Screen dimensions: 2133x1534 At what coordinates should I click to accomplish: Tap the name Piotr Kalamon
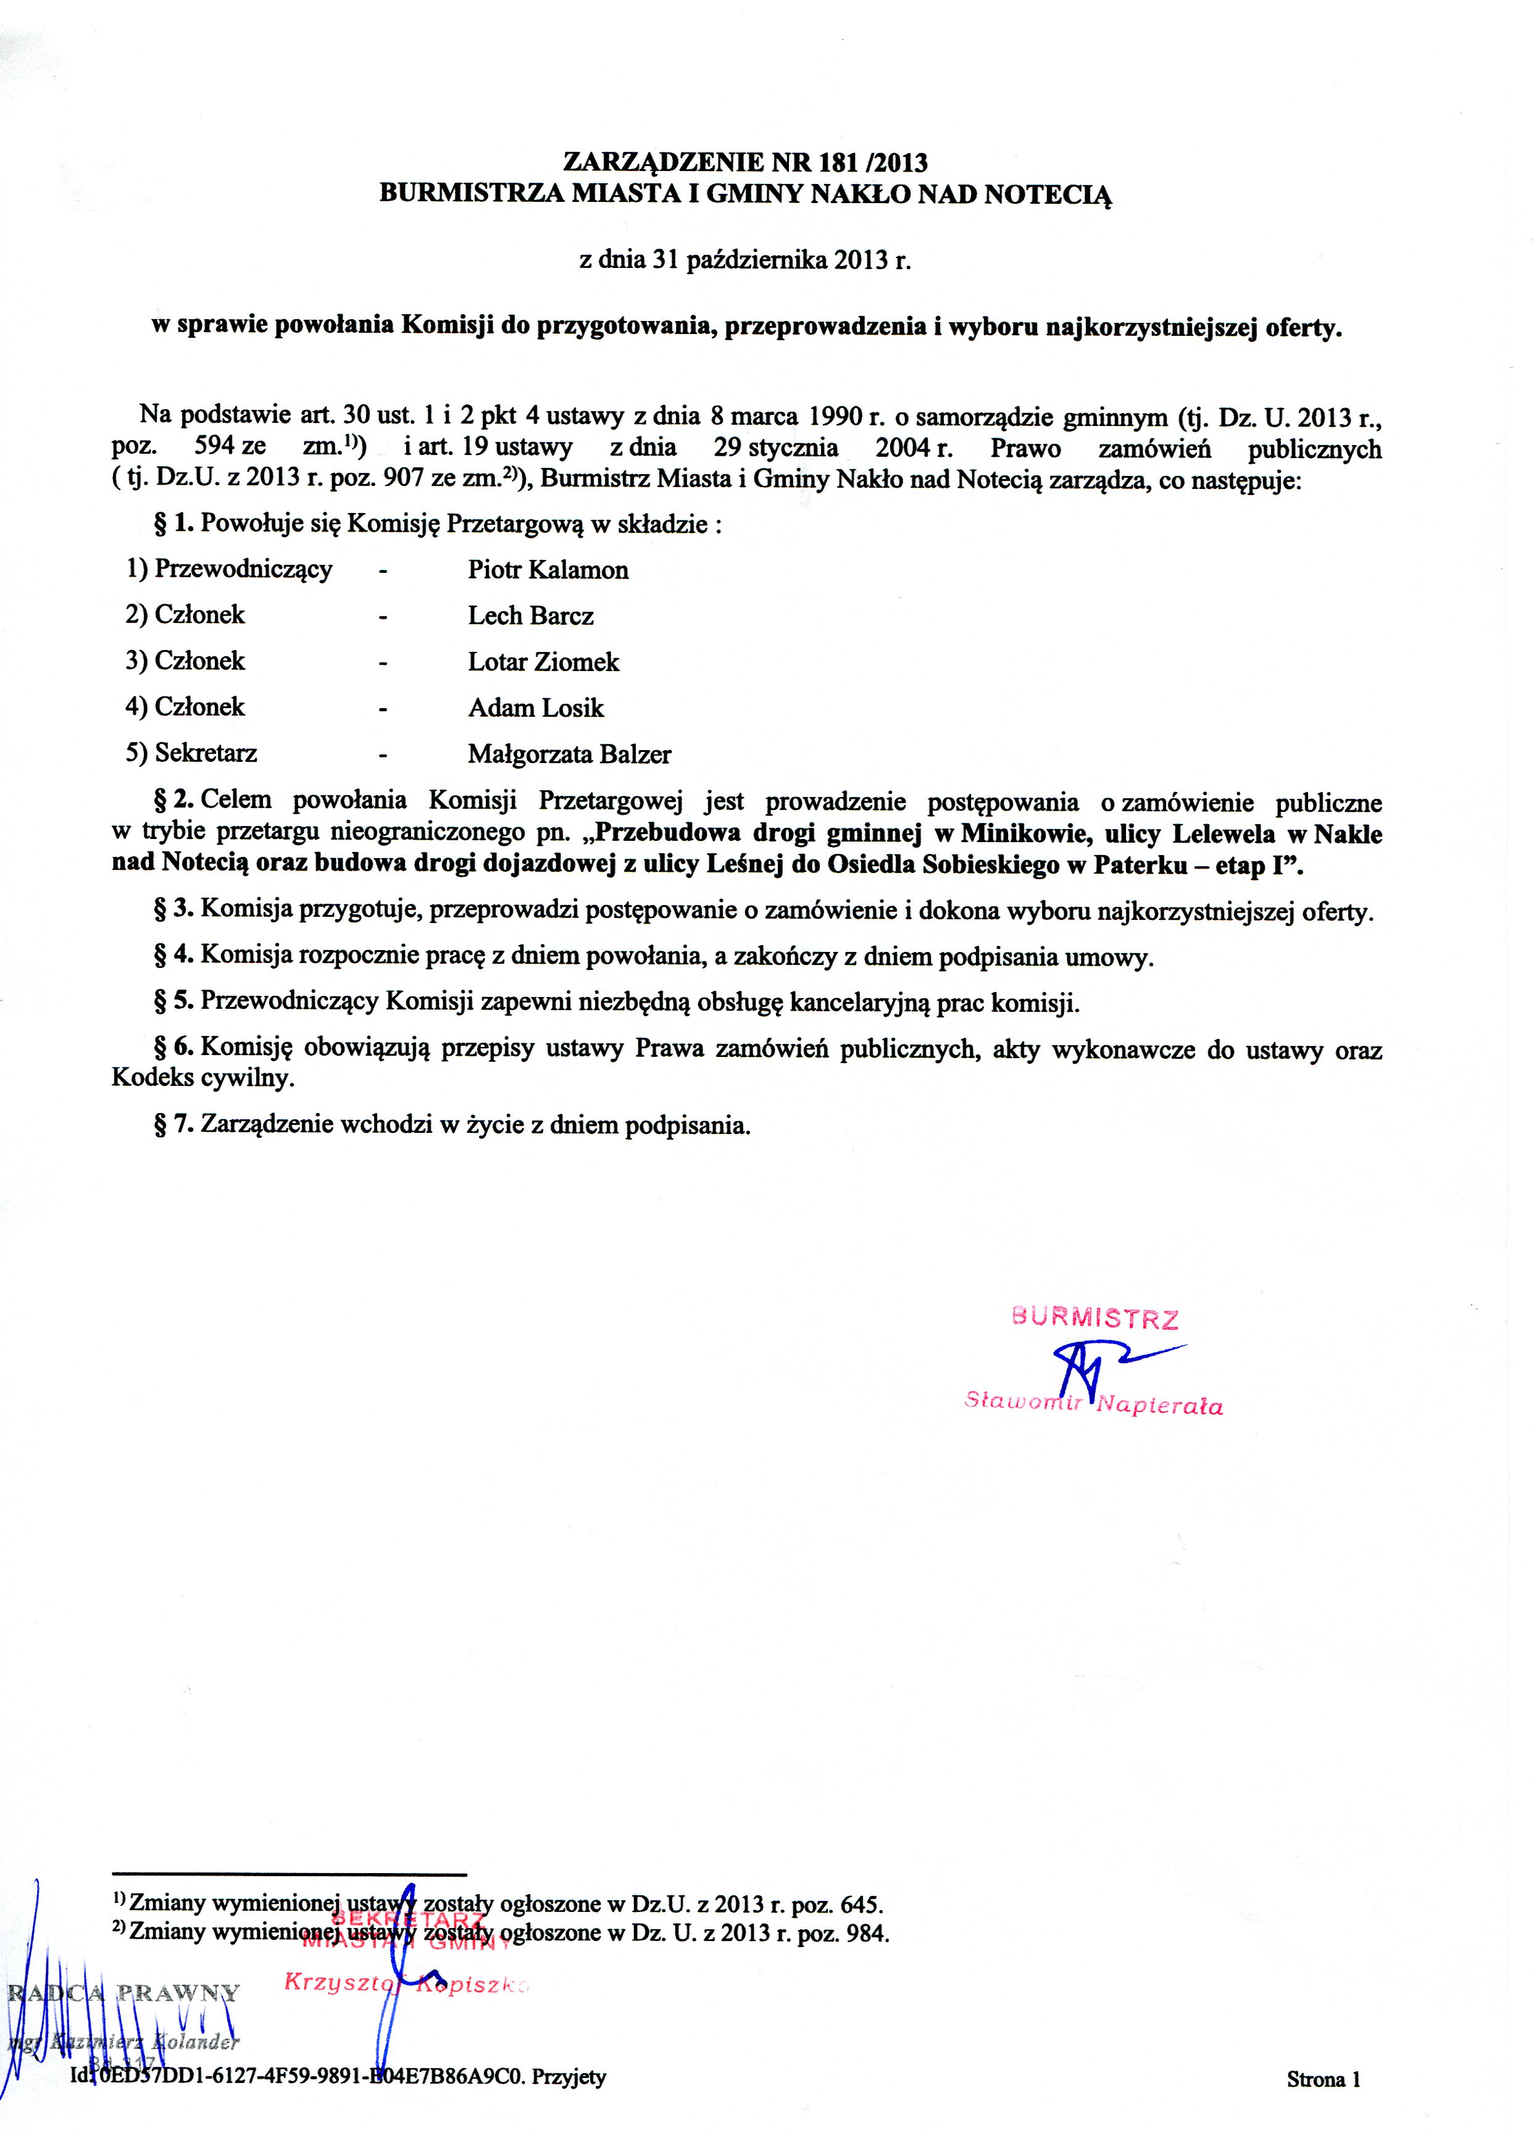(548, 570)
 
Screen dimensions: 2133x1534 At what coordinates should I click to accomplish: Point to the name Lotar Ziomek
(544, 662)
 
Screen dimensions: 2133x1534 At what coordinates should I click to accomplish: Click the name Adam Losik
(535, 708)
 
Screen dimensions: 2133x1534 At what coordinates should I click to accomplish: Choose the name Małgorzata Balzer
(569, 754)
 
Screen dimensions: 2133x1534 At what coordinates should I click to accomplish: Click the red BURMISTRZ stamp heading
(1094, 1319)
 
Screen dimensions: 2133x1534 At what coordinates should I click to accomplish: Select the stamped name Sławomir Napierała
(1093, 1406)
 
